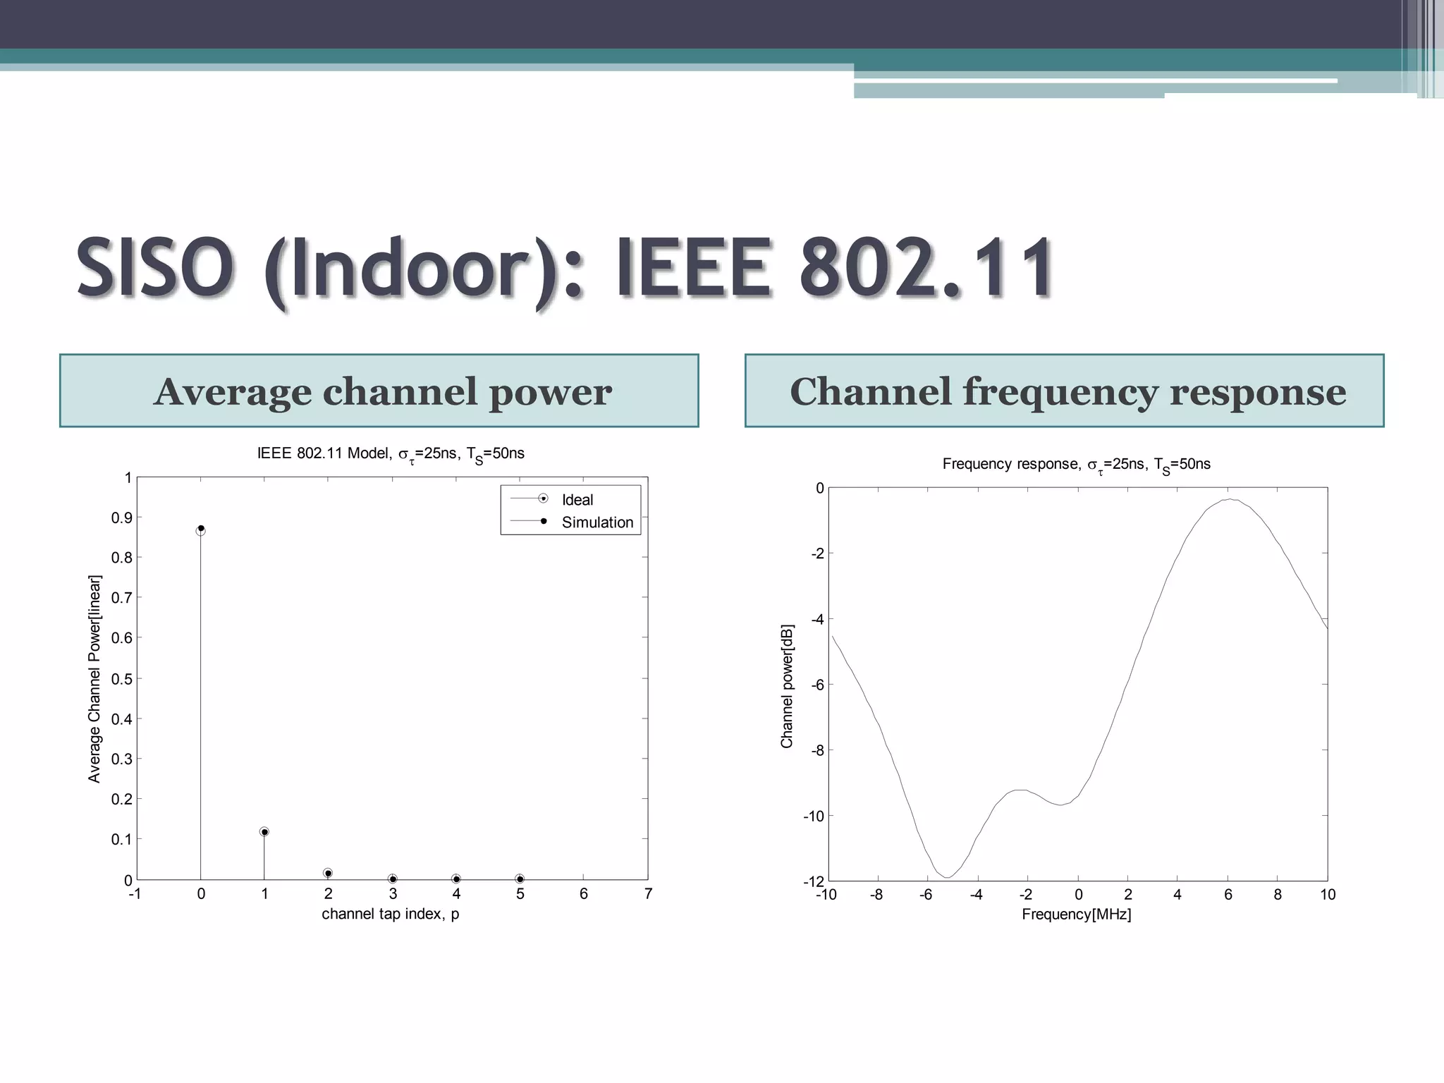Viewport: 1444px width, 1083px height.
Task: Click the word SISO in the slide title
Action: click(x=154, y=268)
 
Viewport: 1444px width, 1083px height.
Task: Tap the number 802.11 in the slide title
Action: click(x=926, y=268)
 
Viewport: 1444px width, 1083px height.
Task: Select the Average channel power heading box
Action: click(x=379, y=391)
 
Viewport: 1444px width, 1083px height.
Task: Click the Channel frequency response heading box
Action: click(x=1065, y=391)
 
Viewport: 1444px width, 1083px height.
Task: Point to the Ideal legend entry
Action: click(x=577, y=500)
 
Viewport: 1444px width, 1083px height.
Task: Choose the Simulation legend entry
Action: click(x=596, y=522)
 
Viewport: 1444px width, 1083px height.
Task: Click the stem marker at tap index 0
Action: click(x=201, y=529)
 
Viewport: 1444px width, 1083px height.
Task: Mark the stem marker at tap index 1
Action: click(x=264, y=832)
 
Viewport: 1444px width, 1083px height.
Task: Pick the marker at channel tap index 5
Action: click(x=520, y=879)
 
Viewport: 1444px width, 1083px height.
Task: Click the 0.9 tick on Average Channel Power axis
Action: click(x=122, y=518)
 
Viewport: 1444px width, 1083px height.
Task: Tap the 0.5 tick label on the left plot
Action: click(x=122, y=679)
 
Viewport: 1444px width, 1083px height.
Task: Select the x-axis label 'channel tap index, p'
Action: click(x=391, y=914)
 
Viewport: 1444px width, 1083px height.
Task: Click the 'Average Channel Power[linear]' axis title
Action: click(x=94, y=679)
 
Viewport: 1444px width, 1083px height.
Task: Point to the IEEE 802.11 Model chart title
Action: click(x=391, y=453)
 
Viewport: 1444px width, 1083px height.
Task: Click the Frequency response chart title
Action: click(x=1077, y=464)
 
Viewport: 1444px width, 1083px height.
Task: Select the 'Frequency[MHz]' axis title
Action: click(x=1077, y=914)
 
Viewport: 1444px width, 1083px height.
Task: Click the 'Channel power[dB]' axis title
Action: click(x=787, y=686)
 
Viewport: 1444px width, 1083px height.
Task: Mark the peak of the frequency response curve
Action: click(x=1229, y=499)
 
